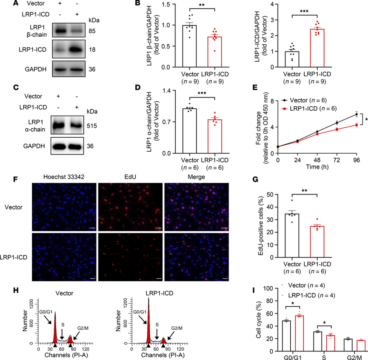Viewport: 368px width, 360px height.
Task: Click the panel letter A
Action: (x=4, y=3)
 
